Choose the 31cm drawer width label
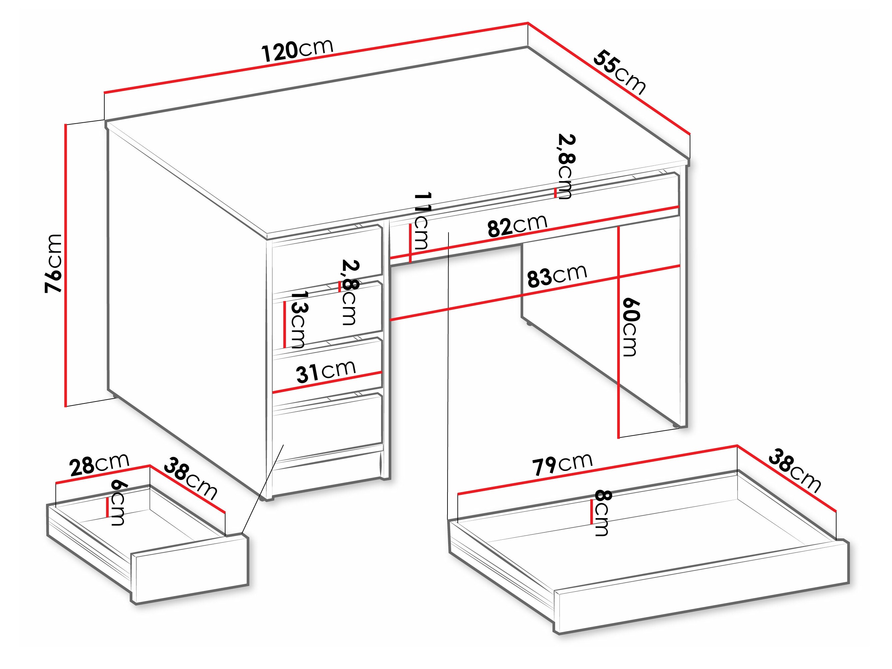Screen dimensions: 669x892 326,371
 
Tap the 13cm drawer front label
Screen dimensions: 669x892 298,319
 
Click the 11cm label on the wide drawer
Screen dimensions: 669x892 421,220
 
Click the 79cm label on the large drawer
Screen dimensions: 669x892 562,464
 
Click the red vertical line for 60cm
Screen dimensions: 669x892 619,331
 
